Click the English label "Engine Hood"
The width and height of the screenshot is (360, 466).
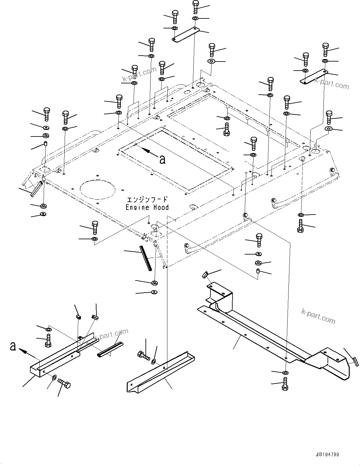[147, 207]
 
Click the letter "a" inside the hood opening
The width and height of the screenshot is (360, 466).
[162, 160]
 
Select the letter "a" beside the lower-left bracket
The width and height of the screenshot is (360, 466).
[13, 346]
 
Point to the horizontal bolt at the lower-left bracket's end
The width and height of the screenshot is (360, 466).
[64, 383]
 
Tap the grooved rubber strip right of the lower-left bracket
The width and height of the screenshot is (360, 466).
[110, 349]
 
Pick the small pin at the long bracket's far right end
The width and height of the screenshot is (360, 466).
[355, 360]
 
